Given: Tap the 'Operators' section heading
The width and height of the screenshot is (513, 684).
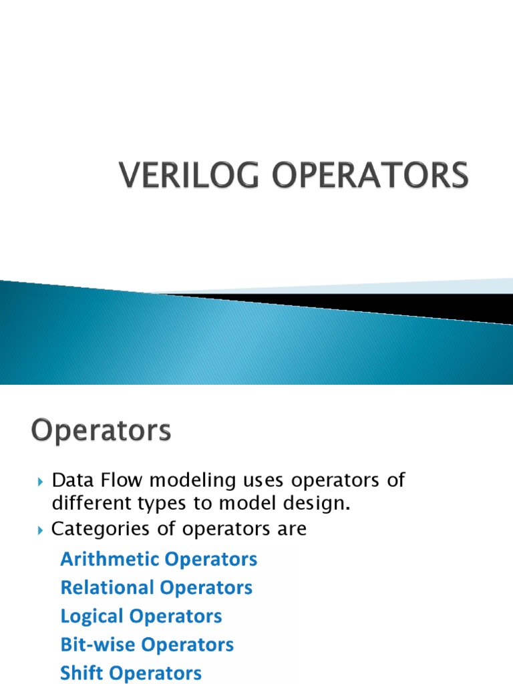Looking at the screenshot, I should click(x=100, y=432).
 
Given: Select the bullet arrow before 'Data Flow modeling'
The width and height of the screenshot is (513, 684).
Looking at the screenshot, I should click(x=39, y=482).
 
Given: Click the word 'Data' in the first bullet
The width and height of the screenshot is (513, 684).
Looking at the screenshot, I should click(x=73, y=480).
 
